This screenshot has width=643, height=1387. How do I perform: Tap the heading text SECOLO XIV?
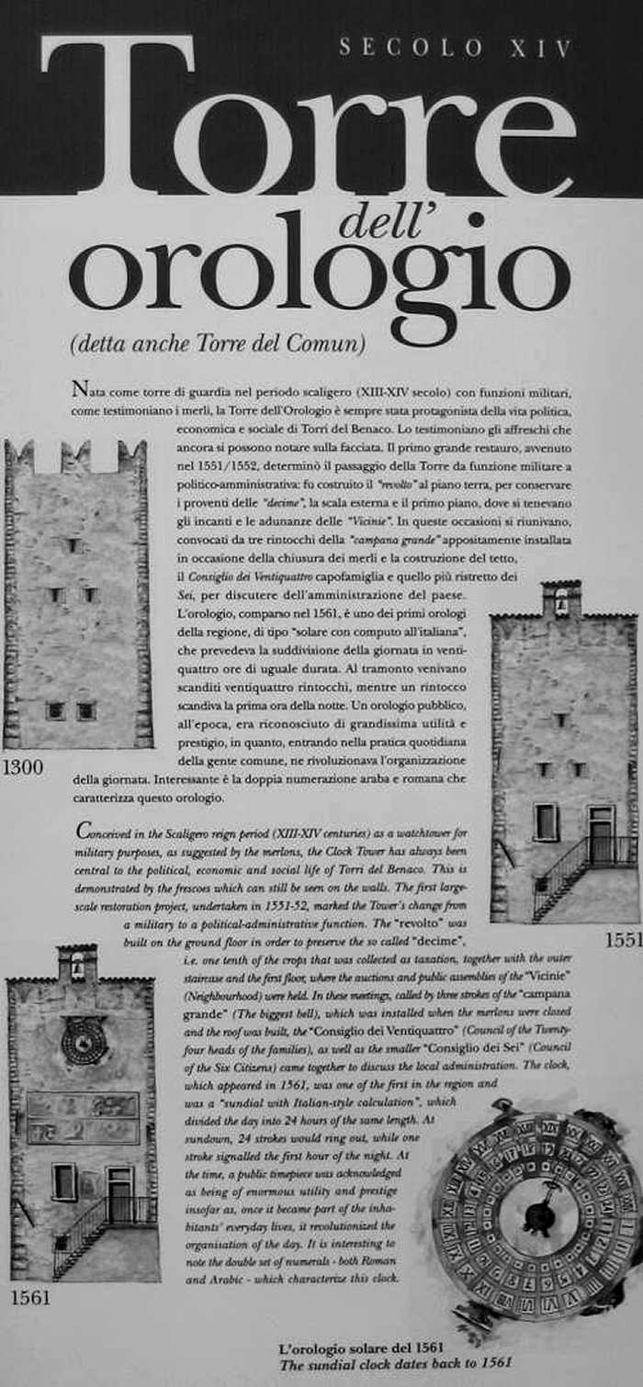tap(456, 48)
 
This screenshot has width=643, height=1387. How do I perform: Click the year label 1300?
tap(23, 767)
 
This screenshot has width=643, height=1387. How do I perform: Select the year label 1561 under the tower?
tap(31, 1299)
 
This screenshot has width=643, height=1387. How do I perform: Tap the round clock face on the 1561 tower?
tap(85, 1041)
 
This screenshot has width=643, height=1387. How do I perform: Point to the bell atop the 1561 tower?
tap(77, 967)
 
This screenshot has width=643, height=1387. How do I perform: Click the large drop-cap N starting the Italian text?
tap(79, 388)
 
